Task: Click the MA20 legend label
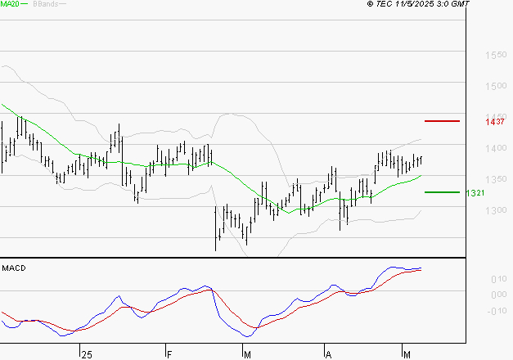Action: pyautogui.click(x=10, y=5)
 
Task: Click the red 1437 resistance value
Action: pyautogui.click(x=493, y=122)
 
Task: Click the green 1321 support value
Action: pyautogui.click(x=477, y=193)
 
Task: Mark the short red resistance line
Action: pyautogui.click(x=443, y=121)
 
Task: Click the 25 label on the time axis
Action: pyautogui.click(x=87, y=354)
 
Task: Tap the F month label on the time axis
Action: pyautogui.click(x=169, y=354)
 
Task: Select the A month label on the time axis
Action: pyautogui.click(x=328, y=354)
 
